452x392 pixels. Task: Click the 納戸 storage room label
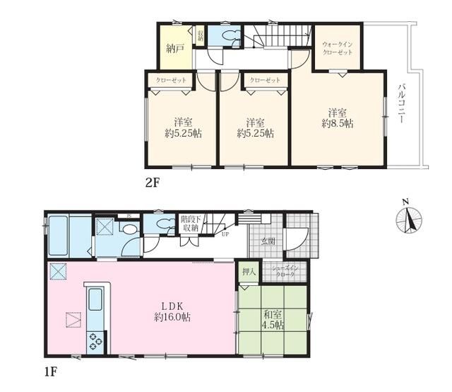[x=175, y=49]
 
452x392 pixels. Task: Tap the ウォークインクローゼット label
[x=338, y=47]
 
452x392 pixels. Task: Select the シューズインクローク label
[x=285, y=271]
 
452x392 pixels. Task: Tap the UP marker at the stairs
[x=225, y=234]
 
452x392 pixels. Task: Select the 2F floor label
[x=153, y=182]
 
